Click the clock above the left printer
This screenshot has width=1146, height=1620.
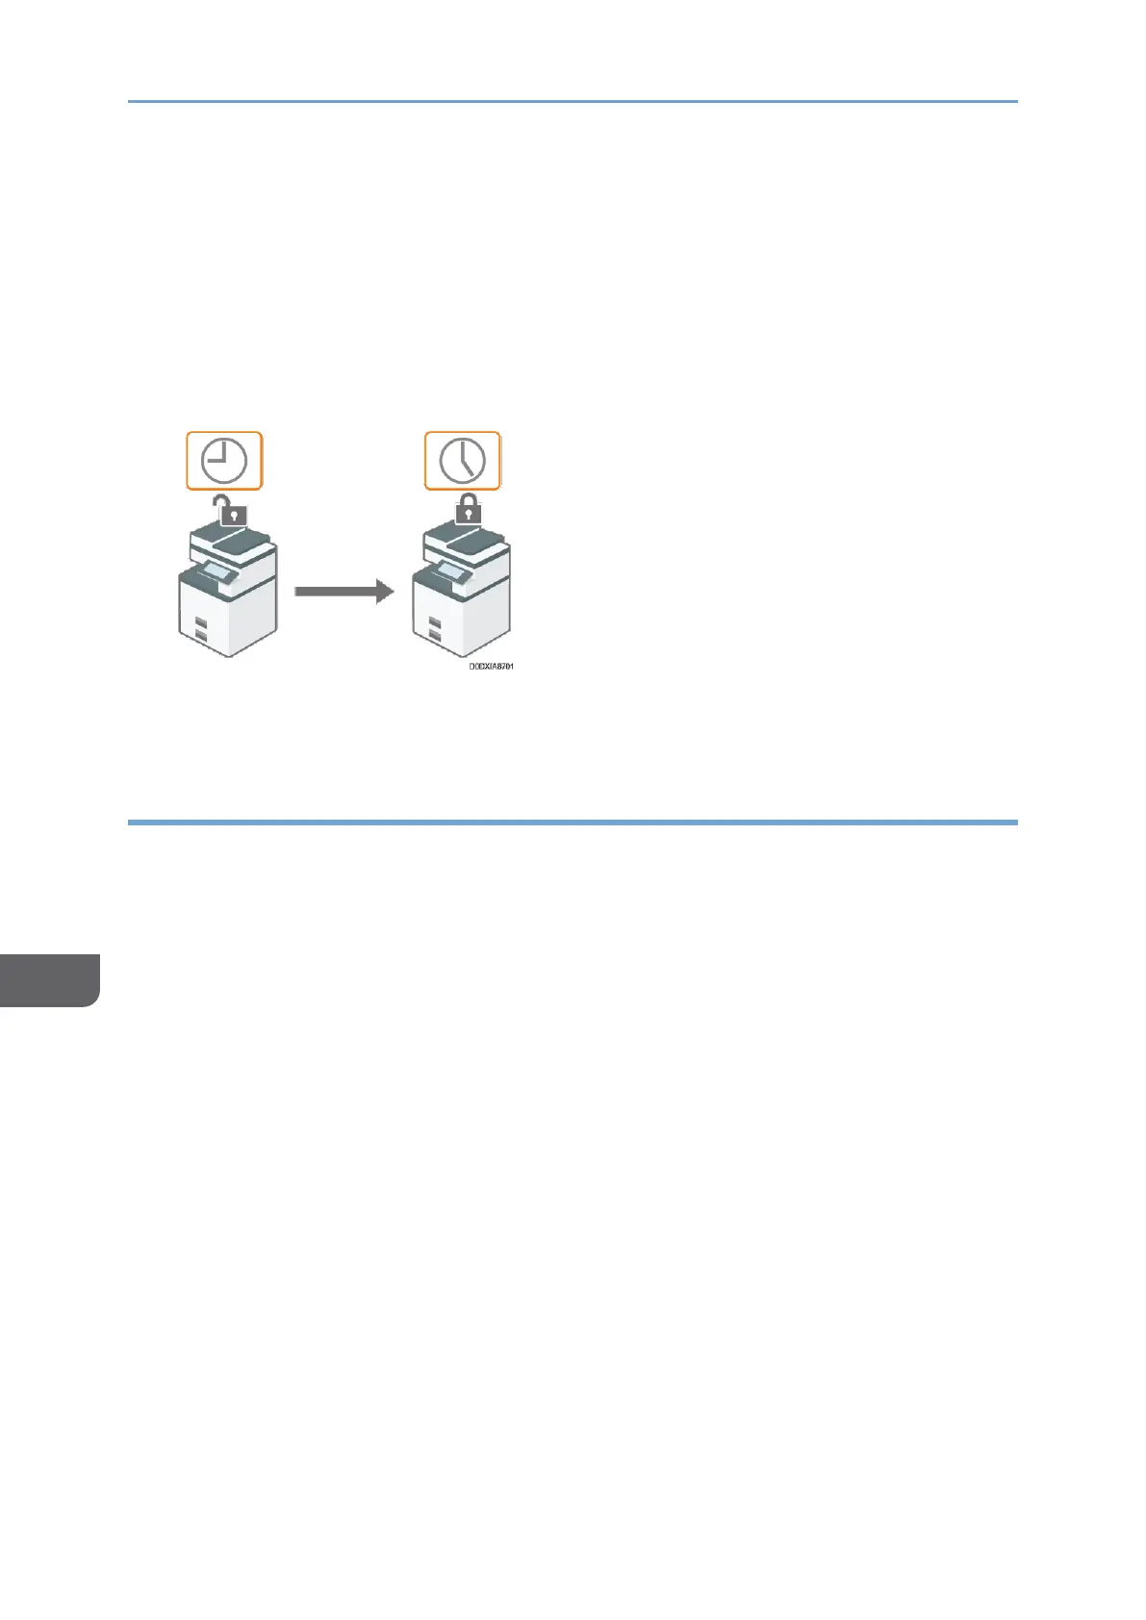tap(223, 461)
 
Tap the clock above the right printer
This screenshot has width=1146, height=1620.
tap(463, 461)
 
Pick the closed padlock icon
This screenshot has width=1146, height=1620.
tap(468, 510)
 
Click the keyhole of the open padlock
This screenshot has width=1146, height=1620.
tap(234, 516)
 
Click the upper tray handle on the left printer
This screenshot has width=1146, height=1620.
tap(200, 623)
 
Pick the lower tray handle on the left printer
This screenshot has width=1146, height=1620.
tap(200, 636)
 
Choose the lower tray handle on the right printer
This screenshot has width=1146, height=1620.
tap(435, 636)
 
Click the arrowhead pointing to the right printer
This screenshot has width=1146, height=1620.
tap(383, 592)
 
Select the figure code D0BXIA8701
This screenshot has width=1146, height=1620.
tap(491, 666)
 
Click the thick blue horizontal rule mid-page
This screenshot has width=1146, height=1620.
tap(573, 823)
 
